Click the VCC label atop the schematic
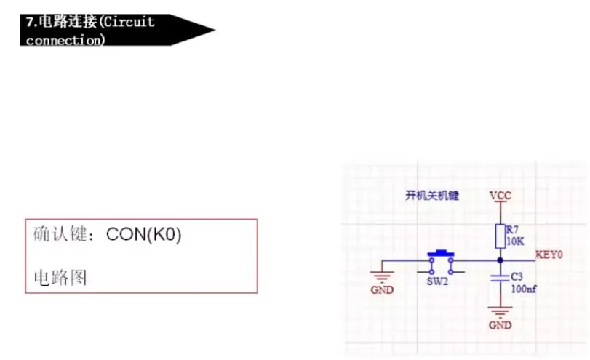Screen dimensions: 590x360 (501, 196)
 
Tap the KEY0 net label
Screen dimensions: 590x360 (550, 255)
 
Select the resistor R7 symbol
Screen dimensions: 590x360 (501, 236)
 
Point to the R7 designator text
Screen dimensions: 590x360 (512, 231)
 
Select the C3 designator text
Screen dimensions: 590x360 (517, 277)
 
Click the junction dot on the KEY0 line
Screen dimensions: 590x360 (501, 260)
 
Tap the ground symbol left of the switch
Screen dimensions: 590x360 (381, 274)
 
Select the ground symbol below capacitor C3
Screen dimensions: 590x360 (500, 312)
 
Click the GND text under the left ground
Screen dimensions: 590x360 (382, 289)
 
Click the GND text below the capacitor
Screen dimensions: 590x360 (500, 324)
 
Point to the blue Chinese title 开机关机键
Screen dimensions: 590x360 (432, 196)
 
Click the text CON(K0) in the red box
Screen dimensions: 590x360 (143, 235)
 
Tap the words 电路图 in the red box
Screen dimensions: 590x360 (60, 277)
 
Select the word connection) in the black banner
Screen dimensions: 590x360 (65, 39)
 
